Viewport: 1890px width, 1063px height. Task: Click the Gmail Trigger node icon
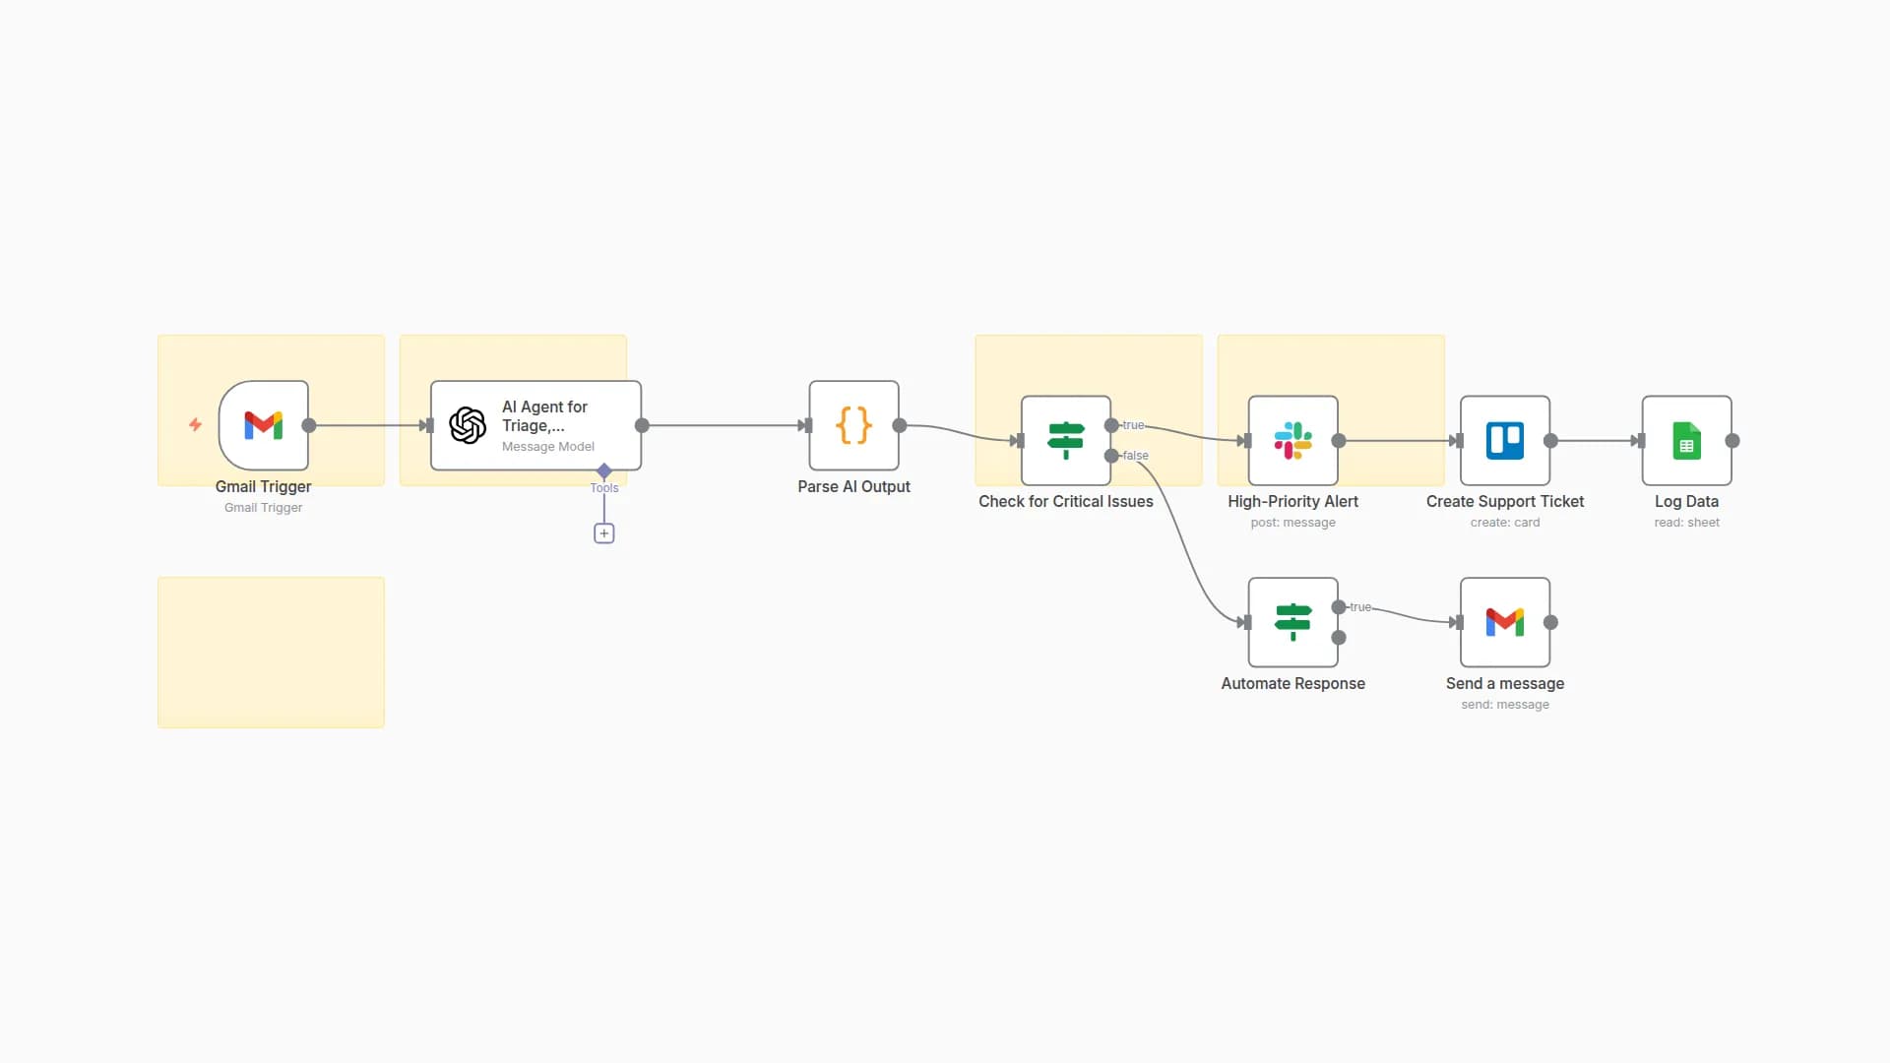[x=263, y=425]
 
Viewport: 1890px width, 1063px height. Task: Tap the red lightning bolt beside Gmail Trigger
[x=195, y=424]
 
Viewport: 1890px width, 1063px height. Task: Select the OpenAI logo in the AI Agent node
[x=468, y=425]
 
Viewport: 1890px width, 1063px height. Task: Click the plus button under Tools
[x=604, y=533]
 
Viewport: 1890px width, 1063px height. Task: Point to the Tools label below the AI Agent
[x=604, y=488]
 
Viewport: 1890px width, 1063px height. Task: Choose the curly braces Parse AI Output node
[x=853, y=425]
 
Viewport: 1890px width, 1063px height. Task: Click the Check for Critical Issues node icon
[x=1066, y=440]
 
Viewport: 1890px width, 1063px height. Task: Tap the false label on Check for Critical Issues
[x=1136, y=456]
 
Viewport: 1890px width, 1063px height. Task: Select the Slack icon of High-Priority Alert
[x=1292, y=440]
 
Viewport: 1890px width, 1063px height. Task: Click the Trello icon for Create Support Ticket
[x=1505, y=440]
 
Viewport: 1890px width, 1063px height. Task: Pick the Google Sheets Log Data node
[x=1686, y=440]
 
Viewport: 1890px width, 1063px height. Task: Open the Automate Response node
[x=1292, y=622]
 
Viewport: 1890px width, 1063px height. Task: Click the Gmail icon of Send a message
[x=1505, y=622]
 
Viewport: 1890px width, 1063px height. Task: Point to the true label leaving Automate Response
[x=1360, y=607]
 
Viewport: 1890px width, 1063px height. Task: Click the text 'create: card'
[x=1505, y=523]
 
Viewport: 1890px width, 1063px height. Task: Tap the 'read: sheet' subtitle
[x=1686, y=523]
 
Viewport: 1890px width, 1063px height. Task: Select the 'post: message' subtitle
[x=1292, y=523]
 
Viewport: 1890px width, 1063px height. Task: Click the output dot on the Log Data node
[x=1732, y=441]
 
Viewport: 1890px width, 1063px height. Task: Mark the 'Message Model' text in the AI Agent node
[x=548, y=447]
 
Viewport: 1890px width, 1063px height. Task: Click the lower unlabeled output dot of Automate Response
[x=1339, y=638]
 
